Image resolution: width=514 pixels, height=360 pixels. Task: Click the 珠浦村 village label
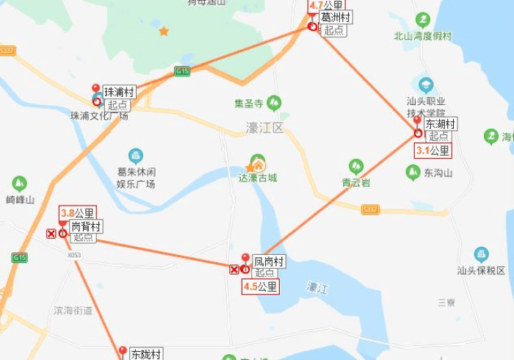120,92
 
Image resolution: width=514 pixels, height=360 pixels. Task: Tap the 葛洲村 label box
336,17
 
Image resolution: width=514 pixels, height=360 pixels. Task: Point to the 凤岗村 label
269,261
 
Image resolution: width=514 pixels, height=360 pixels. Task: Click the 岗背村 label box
86,226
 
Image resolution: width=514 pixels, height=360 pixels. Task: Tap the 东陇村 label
145,353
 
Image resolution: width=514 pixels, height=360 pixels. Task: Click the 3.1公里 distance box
432,151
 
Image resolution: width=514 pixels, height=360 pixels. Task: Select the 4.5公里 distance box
261,287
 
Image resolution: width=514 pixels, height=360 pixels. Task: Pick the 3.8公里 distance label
78,213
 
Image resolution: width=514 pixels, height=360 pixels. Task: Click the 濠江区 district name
264,128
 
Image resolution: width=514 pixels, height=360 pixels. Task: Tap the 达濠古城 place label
258,177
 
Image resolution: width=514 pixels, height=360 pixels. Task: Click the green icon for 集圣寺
275,102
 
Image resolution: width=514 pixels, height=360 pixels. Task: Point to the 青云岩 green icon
356,166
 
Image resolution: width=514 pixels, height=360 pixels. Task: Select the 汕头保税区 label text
481,270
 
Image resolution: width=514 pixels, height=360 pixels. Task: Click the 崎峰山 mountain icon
20,183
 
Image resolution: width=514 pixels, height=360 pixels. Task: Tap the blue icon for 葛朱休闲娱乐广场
136,155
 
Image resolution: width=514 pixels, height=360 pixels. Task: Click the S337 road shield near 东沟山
370,209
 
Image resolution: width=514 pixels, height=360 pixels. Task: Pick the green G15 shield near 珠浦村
182,71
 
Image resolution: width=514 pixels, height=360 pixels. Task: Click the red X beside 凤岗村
234,270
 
